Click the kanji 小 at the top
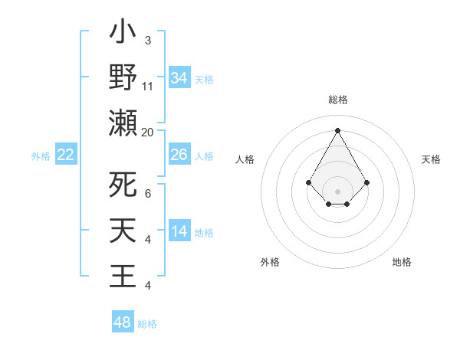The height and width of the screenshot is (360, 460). [x=123, y=34]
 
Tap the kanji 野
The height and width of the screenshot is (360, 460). [x=123, y=78]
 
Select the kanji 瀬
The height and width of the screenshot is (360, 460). [x=123, y=123]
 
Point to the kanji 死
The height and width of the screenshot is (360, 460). [x=123, y=185]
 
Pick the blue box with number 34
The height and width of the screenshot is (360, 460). [x=179, y=78]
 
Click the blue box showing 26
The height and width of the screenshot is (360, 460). [x=179, y=155]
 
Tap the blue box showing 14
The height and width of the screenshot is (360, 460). [x=179, y=231]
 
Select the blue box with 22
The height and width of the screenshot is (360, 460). [x=66, y=155]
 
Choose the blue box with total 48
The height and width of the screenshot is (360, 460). [x=123, y=322]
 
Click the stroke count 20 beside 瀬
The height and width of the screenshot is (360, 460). [x=148, y=133]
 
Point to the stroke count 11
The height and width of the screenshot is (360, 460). [x=148, y=87]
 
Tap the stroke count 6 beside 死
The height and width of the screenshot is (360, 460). [x=148, y=195]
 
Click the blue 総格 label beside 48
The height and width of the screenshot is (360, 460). [x=147, y=324]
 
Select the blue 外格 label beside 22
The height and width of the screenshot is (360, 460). [x=41, y=156]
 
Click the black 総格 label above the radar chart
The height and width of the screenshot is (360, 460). [x=337, y=100]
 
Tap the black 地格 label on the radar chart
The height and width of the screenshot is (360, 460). [x=402, y=262]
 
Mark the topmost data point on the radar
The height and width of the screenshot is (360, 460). [x=337, y=130]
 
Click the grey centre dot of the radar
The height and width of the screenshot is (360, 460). [x=337, y=191]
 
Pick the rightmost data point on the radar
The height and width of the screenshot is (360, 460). [x=366, y=182]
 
